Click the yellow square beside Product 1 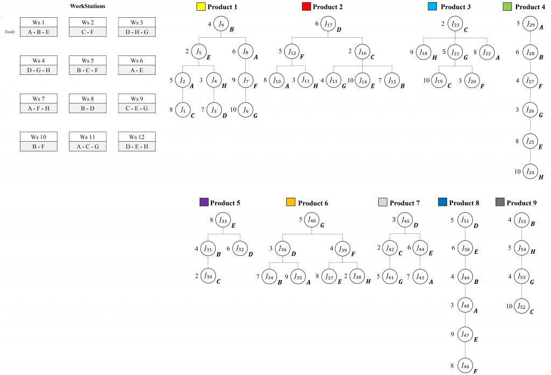pyautogui.click(x=201, y=7)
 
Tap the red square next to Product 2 pyautogui.click(x=306, y=7)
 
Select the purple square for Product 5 pyautogui.click(x=203, y=203)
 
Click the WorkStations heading pyautogui.click(x=88, y=6)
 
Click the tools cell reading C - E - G pyautogui.click(x=137, y=108)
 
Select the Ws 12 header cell pyautogui.click(x=137, y=137)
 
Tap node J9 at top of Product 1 pyautogui.click(x=221, y=24)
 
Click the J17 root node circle pyautogui.click(x=328, y=24)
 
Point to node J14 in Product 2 pyautogui.click(x=363, y=80)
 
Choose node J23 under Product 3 pyautogui.click(x=455, y=24)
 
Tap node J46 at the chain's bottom pyautogui.click(x=465, y=365)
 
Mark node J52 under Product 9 pyautogui.click(x=521, y=306)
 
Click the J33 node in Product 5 pyautogui.click(x=222, y=220)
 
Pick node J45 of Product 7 pyautogui.click(x=406, y=220)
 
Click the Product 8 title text pyautogui.click(x=464, y=203)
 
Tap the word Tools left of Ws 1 pyautogui.click(x=10, y=32)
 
